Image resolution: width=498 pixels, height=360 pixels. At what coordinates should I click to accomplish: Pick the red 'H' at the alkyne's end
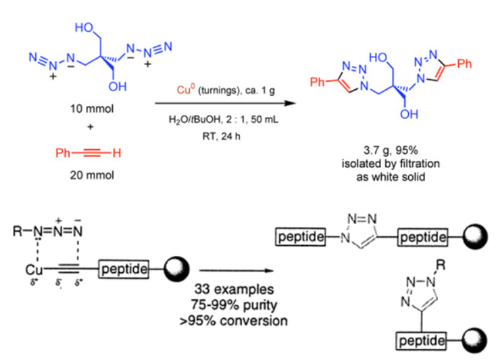pos(116,153)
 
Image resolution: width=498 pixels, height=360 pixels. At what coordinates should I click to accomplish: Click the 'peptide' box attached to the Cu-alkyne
pos(124,269)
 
